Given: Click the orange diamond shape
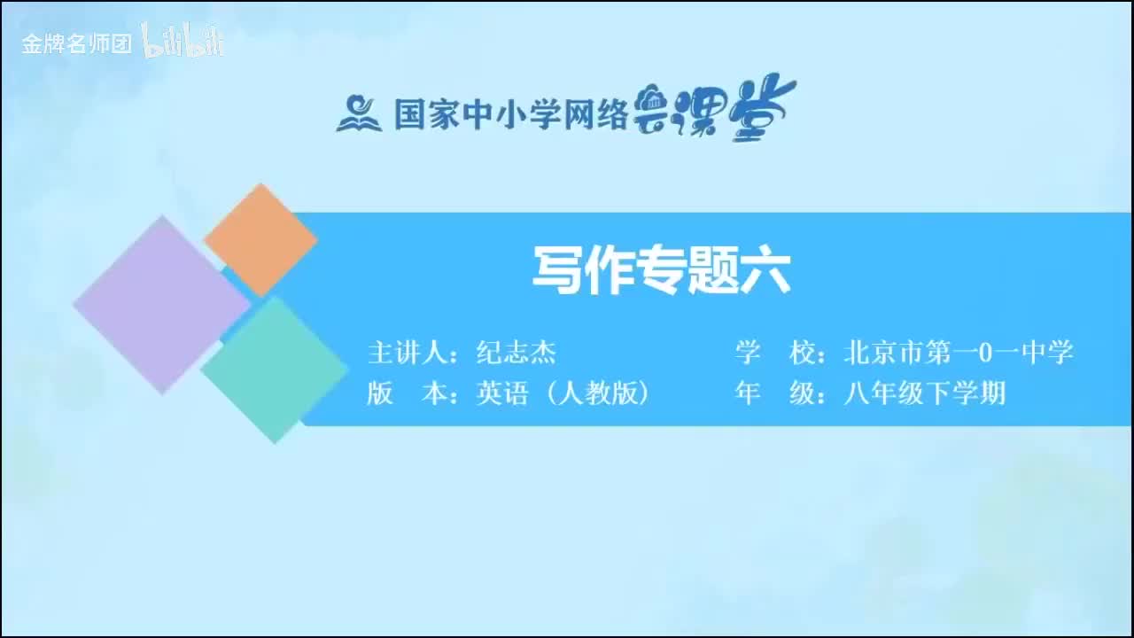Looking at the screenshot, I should [260, 239].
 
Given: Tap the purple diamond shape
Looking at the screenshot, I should [161, 304].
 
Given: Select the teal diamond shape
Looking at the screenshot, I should [274, 369].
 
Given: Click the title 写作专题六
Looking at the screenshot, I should [661, 270].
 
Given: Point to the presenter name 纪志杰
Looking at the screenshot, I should [516, 354].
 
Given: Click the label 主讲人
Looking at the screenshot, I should [407, 354].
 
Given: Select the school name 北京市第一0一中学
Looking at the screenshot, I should [959, 354].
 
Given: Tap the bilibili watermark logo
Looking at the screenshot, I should [183, 42].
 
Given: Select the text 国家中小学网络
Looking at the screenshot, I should [510, 114].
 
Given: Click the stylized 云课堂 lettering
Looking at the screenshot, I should [715, 111].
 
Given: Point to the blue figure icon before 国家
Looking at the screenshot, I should [358, 114].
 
